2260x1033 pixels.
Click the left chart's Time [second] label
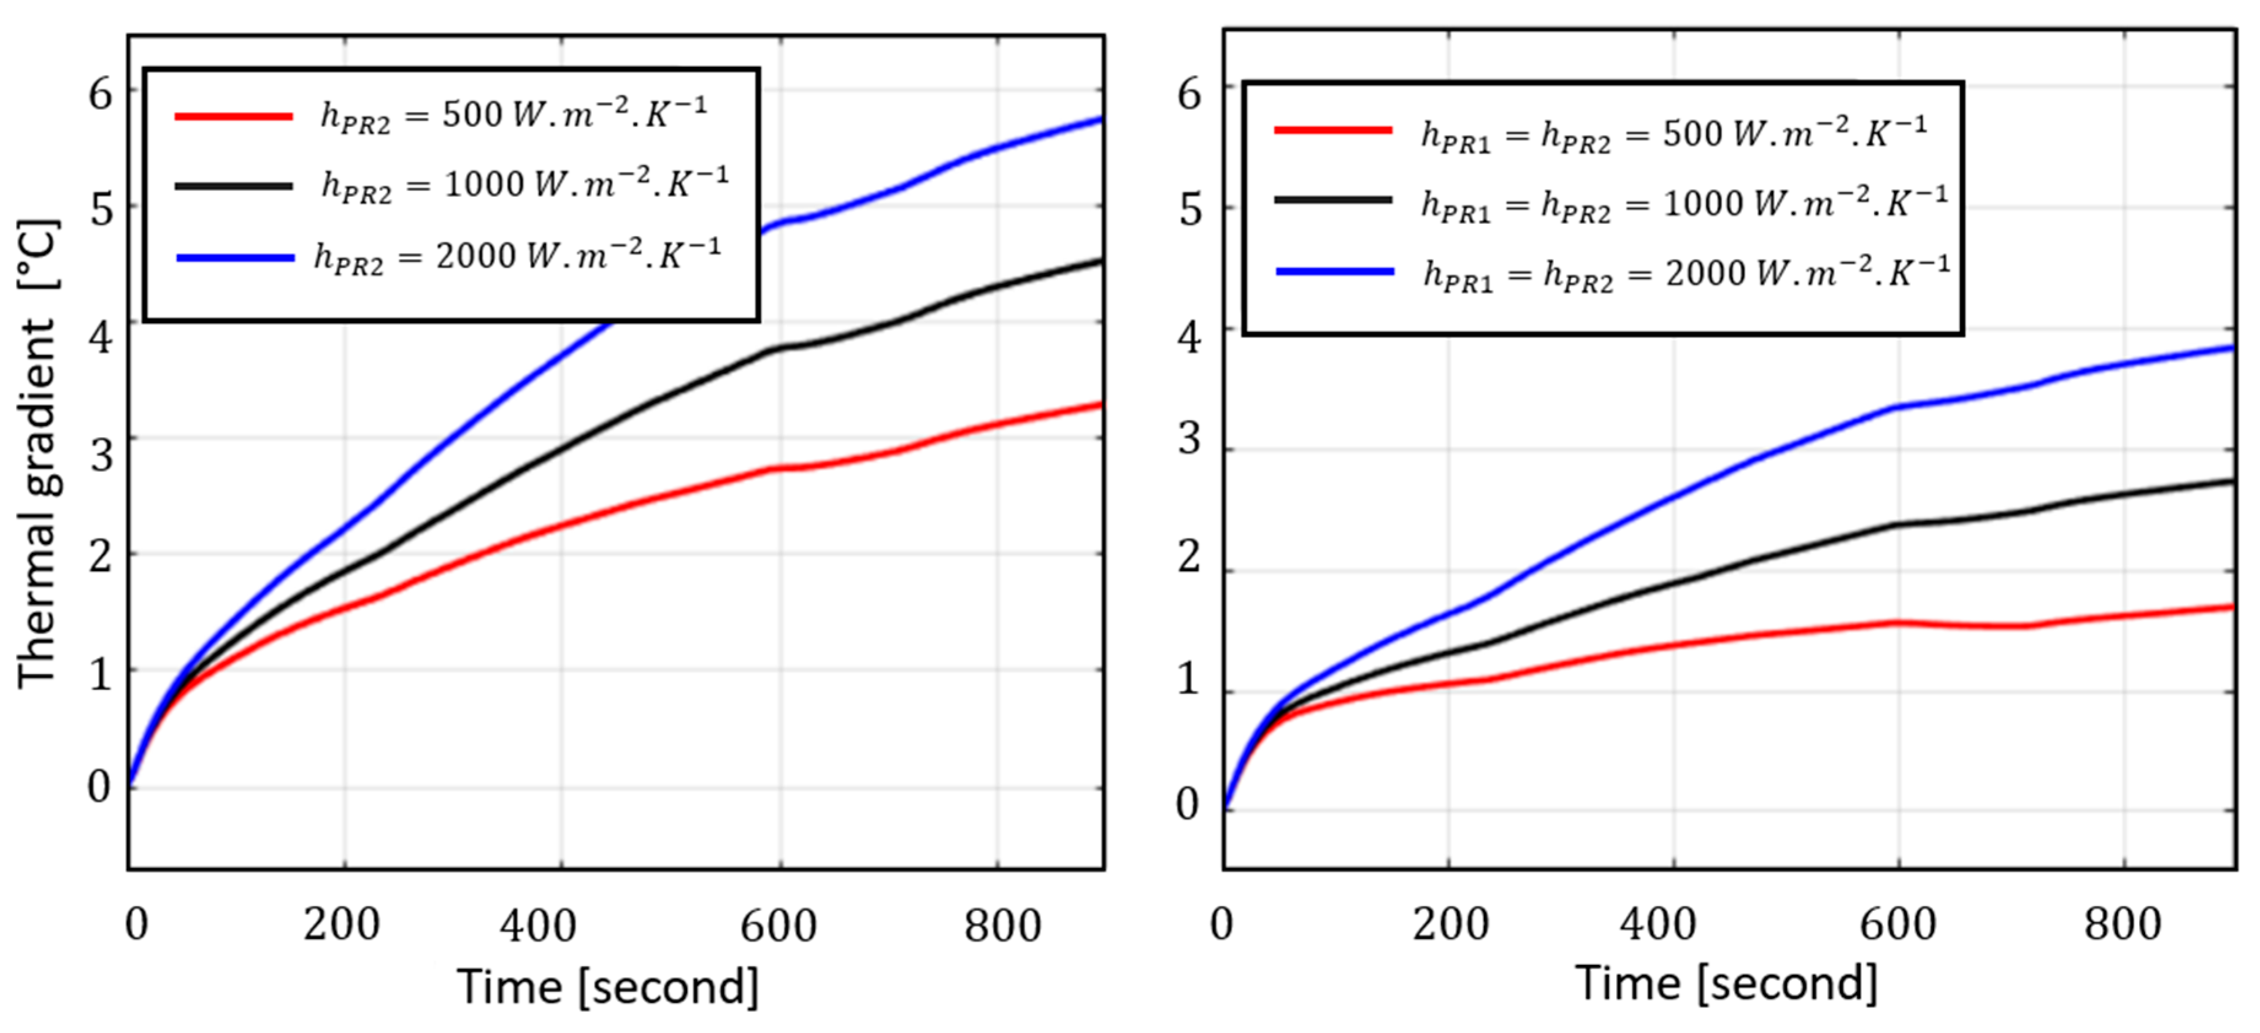[607, 988]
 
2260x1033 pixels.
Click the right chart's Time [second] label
[1726, 983]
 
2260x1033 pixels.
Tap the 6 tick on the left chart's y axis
[101, 93]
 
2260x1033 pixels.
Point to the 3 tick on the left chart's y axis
[101, 455]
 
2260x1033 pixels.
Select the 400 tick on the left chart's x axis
[538, 925]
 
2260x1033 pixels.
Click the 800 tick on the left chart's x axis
[1002, 925]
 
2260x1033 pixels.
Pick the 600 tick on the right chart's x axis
[1897, 923]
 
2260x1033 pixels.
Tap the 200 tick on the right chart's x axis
[1450, 923]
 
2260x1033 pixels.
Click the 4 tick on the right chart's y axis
[1189, 337]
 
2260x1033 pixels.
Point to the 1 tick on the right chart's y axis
[1189, 678]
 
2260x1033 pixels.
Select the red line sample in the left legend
[233, 116]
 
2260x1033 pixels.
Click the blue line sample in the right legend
[1334, 272]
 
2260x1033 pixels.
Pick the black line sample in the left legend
[233, 186]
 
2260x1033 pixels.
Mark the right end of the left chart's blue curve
[1100, 119]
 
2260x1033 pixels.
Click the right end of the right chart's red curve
[2232, 607]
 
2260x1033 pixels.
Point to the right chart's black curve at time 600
[1897, 525]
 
